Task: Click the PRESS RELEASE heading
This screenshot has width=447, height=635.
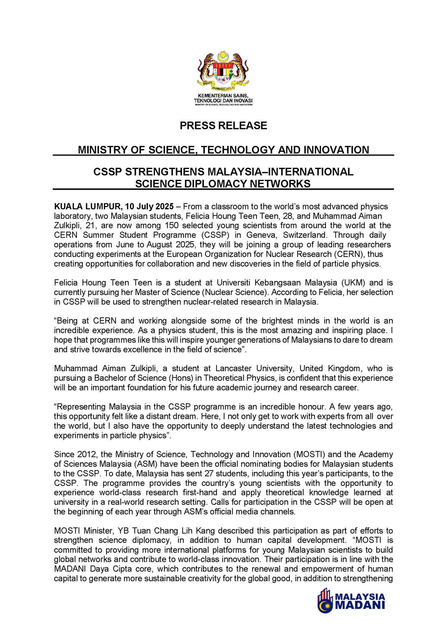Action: click(x=223, y=126)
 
